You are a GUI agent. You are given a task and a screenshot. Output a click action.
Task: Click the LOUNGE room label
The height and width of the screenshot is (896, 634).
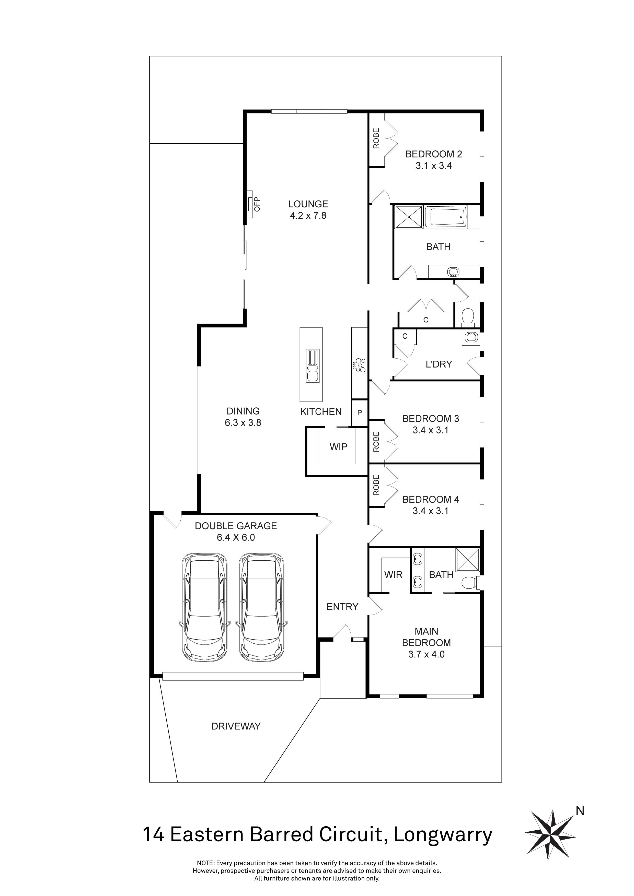point(308,204)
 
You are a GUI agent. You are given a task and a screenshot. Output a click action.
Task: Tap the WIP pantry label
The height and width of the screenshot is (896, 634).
point(339,447)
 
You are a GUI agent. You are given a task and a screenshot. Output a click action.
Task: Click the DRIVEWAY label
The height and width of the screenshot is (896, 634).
point(236,726)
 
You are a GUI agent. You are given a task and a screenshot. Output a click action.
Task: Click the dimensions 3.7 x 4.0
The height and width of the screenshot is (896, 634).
point(426,654)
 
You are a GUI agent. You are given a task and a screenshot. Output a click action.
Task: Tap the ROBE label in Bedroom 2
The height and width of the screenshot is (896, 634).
point(376,138)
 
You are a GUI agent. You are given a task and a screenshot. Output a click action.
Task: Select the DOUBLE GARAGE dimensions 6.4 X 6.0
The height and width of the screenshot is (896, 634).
point(236,537)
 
